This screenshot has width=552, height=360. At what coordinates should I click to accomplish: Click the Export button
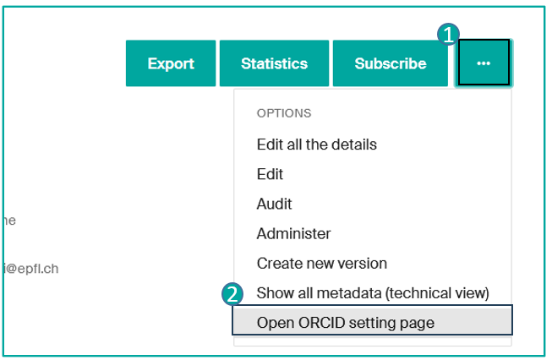pyautogui.click(x=171, y=63)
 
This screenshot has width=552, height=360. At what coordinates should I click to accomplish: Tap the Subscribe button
pyautogui.click(x=390, y=63)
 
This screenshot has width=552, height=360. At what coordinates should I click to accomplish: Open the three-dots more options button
pyautogui.click(x=484, y=63)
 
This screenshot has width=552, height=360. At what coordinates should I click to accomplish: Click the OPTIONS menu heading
pyautogui.click(x=284, y=112)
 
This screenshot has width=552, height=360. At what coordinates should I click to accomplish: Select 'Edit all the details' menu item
pyautogui.click(x=316, y=145)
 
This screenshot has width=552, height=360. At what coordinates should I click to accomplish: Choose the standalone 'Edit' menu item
pyautogui.click(x=270, y=174)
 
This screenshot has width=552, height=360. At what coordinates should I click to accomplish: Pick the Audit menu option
pyautogui.click(x=274, y=204)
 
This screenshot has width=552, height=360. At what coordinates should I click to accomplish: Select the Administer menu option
pyautogui.click(x=293, y=233)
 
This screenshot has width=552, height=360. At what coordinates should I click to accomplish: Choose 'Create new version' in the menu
pyautogui.click(x=321, y=263)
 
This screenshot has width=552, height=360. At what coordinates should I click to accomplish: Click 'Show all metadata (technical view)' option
pyautogui.click(x=373, y=292)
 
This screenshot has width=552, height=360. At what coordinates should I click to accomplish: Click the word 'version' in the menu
pyautogui.click(x=363, y=263)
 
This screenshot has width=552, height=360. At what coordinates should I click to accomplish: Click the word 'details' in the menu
pyautogui.click(x=353, y=145)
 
